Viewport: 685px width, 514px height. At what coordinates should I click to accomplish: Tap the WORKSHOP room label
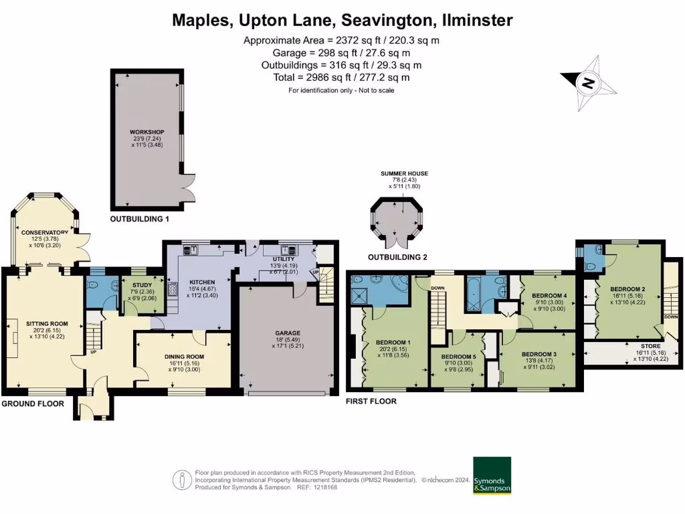click(147, 132)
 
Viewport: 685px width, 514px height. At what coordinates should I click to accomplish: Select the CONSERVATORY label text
click(44, 232)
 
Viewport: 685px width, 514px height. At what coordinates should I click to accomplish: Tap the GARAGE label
click(288, 333)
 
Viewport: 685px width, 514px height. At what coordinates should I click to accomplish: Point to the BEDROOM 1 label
click(393, 343)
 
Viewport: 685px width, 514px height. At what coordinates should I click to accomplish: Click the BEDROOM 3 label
click(539, 353)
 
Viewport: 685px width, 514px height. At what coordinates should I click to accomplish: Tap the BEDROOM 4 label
click(549, 295)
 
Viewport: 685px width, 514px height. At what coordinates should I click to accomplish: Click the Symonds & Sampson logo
click(492, 475)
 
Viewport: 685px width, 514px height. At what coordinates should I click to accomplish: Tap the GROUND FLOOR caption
click(33, 404)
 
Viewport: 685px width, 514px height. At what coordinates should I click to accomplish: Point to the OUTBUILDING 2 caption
click(397, 257)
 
